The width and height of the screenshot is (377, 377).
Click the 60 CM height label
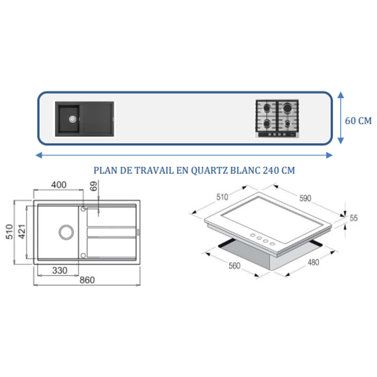tap(358, 121)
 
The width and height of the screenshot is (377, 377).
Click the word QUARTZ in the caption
tap(209, 171)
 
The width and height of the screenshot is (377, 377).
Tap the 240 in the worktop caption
tap(270, 171)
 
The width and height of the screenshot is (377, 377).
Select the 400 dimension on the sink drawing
tap(58, 185)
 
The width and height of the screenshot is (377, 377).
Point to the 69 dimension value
tap(93, 186)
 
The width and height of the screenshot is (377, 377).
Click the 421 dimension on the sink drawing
tap(22, 231)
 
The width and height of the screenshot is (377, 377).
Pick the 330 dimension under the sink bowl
tap(60, 270)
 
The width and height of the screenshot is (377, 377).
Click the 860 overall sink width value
tap(87, 280)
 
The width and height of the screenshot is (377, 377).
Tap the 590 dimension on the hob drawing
tap(305, 198)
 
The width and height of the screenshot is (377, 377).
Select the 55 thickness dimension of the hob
tap(353, 218)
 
